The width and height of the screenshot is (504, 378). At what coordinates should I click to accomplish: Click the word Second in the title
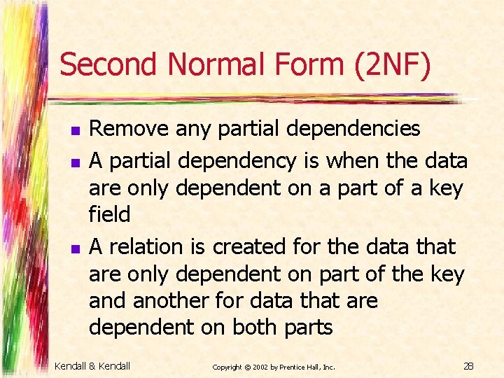110,66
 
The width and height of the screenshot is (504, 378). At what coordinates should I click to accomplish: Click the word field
109,214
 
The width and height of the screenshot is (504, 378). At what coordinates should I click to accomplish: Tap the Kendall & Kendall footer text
92,365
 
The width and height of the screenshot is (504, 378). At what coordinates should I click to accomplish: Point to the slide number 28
468,365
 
